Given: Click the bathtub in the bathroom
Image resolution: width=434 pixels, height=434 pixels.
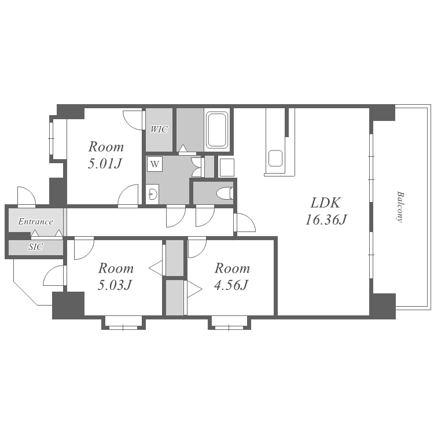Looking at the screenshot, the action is coord(217,130).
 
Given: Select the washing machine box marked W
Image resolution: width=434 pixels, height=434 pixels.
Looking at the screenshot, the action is coord(155,164).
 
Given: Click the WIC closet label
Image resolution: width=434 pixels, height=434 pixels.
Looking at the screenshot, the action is coord(159,129).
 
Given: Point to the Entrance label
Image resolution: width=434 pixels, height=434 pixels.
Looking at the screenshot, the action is coord(35,222).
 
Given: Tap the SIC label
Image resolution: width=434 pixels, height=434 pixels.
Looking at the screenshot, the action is coord(36,247).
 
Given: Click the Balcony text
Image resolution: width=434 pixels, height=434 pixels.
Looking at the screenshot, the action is coord(399,207).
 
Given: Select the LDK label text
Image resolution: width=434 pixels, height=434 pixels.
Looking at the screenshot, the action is coord(325,203).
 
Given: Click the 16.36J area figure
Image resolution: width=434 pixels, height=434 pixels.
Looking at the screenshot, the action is coord(326,220).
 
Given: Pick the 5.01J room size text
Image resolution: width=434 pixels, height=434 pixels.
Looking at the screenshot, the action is coord(105,164).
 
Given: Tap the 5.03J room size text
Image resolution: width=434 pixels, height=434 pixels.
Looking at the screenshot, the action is coord(115,285).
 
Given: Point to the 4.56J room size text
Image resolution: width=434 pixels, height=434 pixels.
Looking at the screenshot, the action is coord(231,285).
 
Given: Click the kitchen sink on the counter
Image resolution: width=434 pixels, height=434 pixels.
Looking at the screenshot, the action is coord(275,158).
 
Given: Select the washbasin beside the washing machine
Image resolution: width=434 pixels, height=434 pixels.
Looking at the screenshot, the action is coord(153,194).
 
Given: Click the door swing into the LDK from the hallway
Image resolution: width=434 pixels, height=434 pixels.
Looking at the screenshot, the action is coord(245,222).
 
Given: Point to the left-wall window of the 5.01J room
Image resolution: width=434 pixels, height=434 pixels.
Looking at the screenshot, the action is coord(51,138).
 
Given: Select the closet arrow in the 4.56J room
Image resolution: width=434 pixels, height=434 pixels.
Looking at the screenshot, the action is coord(194,289).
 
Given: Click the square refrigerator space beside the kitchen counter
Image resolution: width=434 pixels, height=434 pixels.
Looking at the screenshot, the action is coord(227,167).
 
